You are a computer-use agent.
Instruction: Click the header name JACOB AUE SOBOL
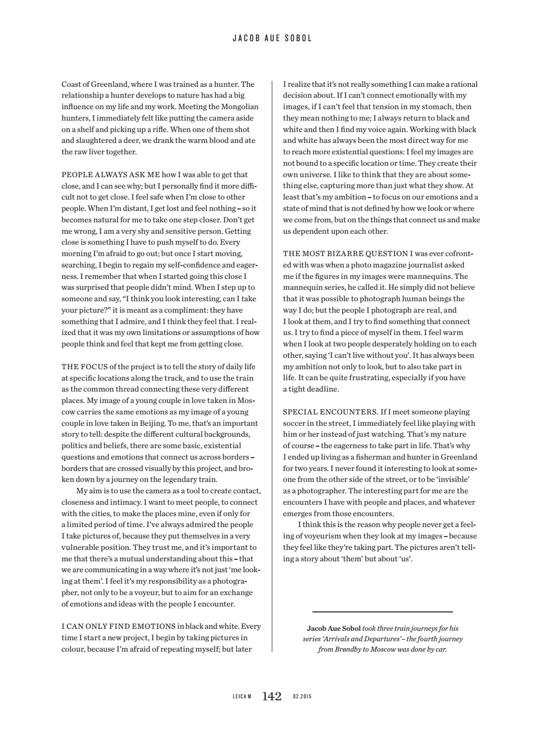pyautogui.click(x=272, y=38)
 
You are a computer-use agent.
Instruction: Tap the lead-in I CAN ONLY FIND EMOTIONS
pyautogui.click(x=118, y=626)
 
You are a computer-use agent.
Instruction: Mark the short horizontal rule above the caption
pyautogui.click(x=382, y=612)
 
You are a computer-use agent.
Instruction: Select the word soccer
pyautogui.click(x=294, y=423)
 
